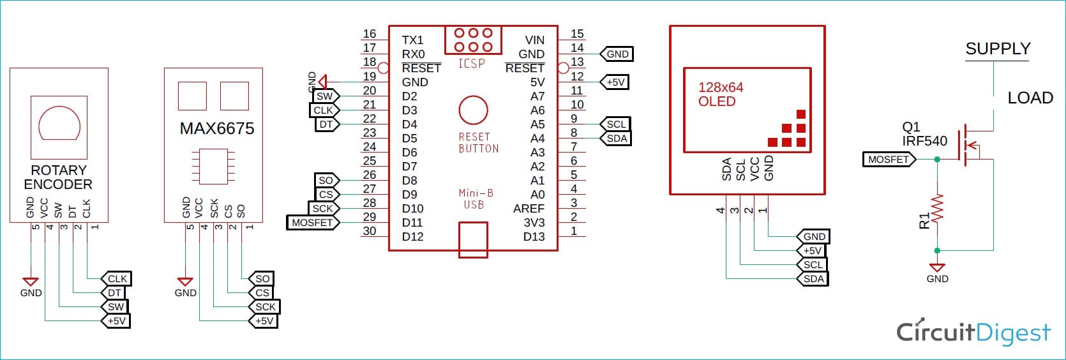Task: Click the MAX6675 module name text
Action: (217, 129)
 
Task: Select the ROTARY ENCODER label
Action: (58, 177)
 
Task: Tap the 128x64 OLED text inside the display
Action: (720, 94)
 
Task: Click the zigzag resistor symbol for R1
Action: (937, 209)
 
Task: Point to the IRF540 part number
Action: (924, 141)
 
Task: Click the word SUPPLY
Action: (998, 49)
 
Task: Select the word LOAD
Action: (1030, 98)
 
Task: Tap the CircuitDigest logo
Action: (973, 333)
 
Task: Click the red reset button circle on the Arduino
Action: (473, 110)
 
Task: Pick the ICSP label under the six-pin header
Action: (472, 63)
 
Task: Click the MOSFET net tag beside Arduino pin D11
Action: (312, 223)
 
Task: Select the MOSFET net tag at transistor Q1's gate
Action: (889, 160)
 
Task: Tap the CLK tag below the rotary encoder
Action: (117, 279)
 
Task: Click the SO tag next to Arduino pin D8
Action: (326, 181)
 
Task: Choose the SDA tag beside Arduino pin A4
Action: (617, 139)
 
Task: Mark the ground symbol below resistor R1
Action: (937, 268)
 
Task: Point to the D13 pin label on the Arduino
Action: (534, 237)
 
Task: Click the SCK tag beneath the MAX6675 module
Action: (265, 307)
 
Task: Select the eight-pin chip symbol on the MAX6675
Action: (213, 166)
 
